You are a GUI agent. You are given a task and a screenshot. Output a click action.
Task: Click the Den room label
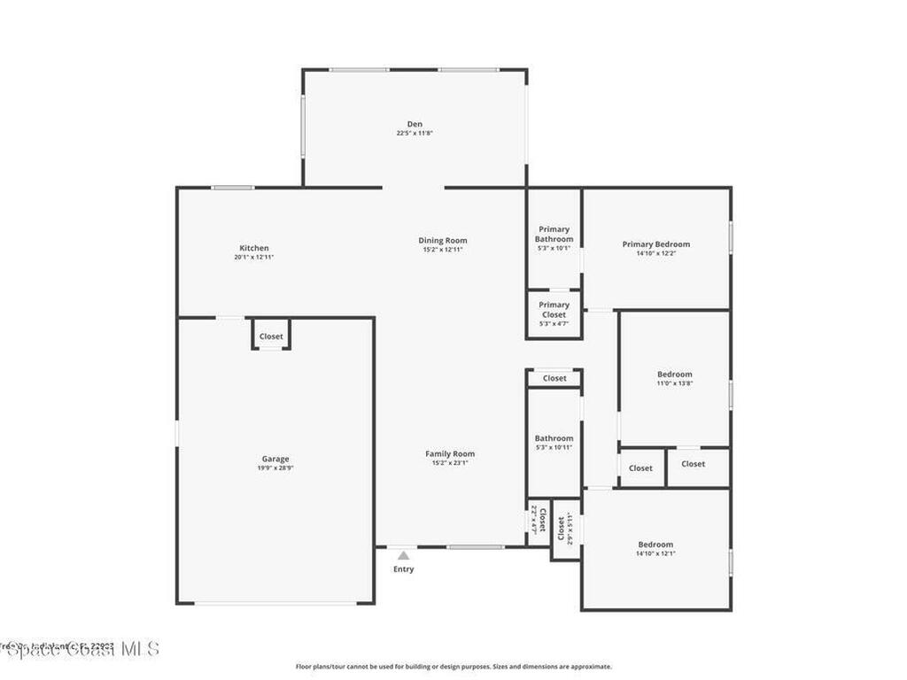[x=415, y=124]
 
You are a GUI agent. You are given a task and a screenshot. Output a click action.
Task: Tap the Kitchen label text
[x=254, y=248]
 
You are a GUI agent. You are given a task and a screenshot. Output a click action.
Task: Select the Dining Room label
[x=443, y=241]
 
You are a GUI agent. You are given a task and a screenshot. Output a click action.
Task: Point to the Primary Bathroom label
[x=554, y=234]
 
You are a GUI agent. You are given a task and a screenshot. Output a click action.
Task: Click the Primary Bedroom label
[x=655, y=244]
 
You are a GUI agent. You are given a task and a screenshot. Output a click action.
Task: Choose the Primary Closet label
[x=554, y=309]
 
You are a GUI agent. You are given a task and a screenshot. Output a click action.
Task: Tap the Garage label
[x=275, y=459]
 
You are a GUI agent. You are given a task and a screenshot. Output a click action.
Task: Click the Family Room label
[x=450, y=453]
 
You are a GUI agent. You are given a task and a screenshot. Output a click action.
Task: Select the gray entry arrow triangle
[x=403, y=555]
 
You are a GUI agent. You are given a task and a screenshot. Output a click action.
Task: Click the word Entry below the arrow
[x=403, y=569]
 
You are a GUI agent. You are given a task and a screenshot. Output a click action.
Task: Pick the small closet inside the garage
[x=271, y=336]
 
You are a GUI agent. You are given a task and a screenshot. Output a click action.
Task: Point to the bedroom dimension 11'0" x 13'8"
[x=675, y=383]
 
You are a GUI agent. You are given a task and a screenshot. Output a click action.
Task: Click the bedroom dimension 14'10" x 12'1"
[x=655, y=553]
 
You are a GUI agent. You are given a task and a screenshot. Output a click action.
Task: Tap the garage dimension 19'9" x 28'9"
[x=275, y=467]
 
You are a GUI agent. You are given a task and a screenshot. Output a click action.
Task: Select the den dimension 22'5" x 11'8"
[x=415, y=133]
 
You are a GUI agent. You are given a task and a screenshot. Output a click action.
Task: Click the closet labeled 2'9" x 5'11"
[x=566, y=529]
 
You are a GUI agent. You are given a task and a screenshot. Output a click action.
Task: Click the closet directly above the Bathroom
[x=554, y=378]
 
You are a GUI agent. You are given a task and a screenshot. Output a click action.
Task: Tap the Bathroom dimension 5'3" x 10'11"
[x=554, y=447]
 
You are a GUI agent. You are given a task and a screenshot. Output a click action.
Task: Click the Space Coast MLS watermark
[x=80, y=649]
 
